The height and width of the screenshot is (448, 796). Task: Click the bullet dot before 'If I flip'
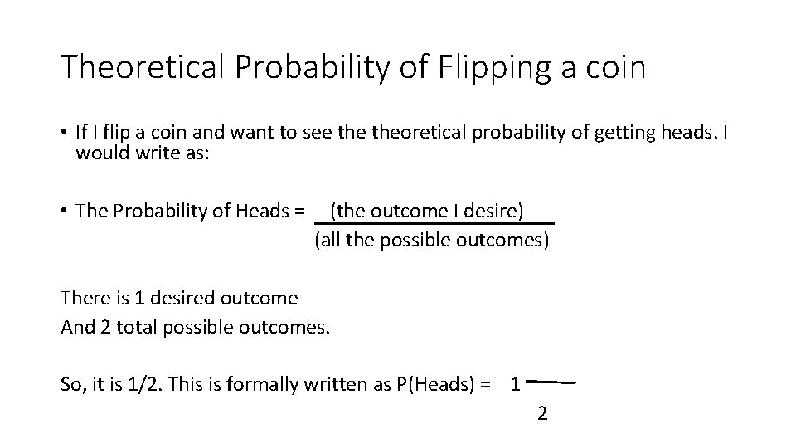click(65, 133)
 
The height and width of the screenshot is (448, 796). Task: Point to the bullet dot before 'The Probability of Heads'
click(65, 212)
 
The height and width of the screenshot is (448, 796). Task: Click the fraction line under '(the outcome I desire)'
click(435, 224)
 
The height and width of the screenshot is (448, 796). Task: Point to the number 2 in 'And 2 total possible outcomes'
click(105, 327)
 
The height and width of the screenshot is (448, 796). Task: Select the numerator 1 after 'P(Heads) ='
click(515, 384)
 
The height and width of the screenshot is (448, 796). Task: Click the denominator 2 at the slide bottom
click(542, 412)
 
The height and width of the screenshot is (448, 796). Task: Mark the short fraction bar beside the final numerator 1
click(551, 382)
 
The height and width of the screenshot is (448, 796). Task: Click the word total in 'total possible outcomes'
click(138, 327)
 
